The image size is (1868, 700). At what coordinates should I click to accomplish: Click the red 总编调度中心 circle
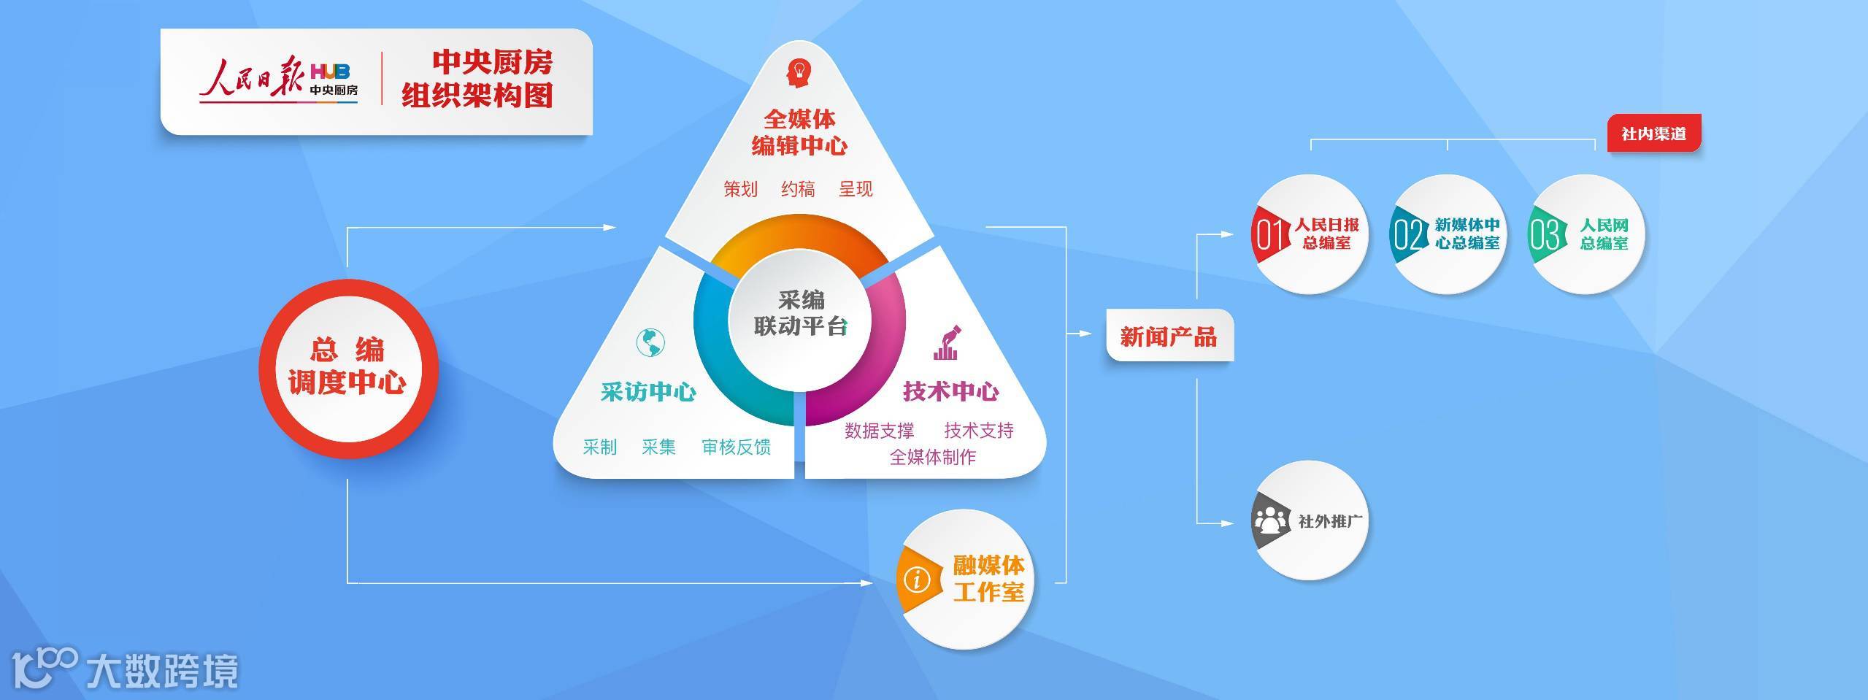pyautogui.click(x=348, y=368)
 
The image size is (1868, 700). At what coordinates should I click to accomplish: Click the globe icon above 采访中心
pyautogui.click(x=650, y=342)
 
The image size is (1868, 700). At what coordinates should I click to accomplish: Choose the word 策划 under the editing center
pyautogui.click(x=740, y=189)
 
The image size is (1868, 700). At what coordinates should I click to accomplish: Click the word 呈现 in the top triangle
pyautogui.click(x=856, y=189)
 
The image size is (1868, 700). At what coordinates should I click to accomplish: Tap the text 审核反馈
pyautogui.click(x=736, y=447)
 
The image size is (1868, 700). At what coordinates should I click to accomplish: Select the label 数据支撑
pyautogui.click(x=879, y=431)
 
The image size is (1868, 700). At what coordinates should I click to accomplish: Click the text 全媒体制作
pyautogui.click(x=932, y=458)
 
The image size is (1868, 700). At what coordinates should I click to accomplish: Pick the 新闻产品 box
pyautogui.click(x=1169, y=336)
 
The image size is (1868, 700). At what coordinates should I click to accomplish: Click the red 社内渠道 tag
pyautogui.click(x=1653, y=134)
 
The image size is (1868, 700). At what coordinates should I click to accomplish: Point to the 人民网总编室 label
pyautogui.click(x=1604, y=234)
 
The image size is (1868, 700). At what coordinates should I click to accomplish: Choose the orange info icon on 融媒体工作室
pyautogui.click(x=917, y=580)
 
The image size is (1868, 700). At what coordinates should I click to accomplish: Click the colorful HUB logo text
pyautogui.click(x=330, y=72)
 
